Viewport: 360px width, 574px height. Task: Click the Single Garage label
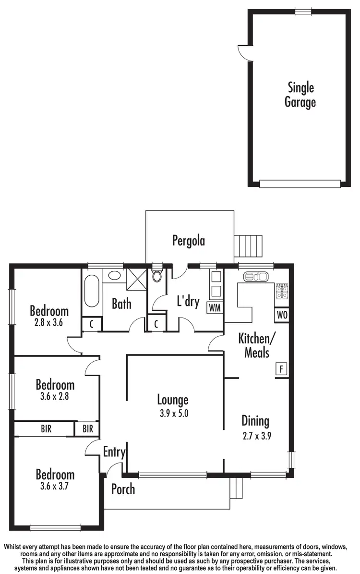tap(300, 95)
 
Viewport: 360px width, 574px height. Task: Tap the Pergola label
tap(189, 240)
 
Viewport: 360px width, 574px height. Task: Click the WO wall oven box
tap(282, 316)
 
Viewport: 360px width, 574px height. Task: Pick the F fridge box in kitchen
tap(281, 369)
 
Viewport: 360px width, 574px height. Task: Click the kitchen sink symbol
tap(255, 277)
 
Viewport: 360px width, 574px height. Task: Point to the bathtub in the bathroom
tap(92, 290)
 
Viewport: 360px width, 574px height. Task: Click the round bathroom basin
tap(114, 276)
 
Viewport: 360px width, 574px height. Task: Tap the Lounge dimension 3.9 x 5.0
tap(173, 413)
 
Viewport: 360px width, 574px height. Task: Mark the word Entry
tap(114, 452)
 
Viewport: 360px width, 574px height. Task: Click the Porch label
tap(123, 489)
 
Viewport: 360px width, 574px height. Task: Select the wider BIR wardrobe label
tap(46, 428)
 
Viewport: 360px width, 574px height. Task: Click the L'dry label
tap(188, 303)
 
